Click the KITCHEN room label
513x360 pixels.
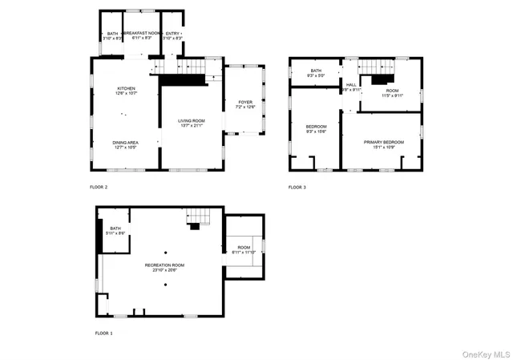[x=126, y=88]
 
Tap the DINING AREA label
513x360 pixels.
[x=126, y=142]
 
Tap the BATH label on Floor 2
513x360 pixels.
[x=112, y=33]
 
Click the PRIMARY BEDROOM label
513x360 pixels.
[x=382, y=142]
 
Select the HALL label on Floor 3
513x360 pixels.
[x=351, y=84]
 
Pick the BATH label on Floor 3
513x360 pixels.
[x=316, y=71]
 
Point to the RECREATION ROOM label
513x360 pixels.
[x=165, y=265]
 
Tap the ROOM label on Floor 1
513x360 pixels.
[x=244, y=248]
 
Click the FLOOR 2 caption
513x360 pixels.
[x=99, y=187]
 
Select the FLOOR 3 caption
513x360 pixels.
[x=297, y=187]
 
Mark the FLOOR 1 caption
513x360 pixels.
[x=104, y=333]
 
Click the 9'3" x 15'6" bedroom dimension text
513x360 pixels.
[x=316, y=131]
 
